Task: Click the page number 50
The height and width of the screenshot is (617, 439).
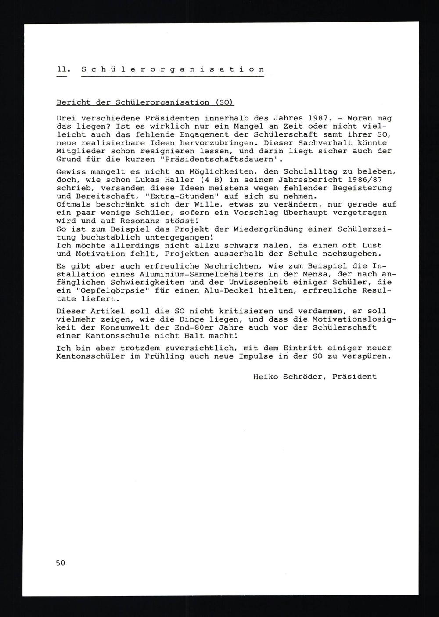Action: point(61,563)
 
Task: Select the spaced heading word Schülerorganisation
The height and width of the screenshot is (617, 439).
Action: point(173,69)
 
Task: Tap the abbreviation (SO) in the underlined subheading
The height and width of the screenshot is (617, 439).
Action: point(224,102)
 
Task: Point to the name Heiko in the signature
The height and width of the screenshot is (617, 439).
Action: point(266,377)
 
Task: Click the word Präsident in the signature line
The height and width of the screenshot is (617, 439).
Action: point(354,377)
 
